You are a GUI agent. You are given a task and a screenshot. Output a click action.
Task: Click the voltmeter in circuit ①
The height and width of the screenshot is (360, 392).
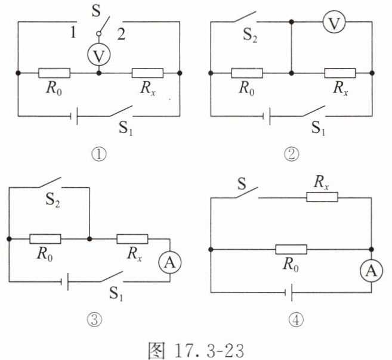coord(98,55)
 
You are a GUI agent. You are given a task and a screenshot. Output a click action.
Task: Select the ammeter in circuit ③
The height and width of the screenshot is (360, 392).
coord(171,260)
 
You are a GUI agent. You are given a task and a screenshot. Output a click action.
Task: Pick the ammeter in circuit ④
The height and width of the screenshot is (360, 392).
coord(371,271)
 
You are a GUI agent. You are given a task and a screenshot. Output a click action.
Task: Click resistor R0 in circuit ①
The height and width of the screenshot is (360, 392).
coord(54,73)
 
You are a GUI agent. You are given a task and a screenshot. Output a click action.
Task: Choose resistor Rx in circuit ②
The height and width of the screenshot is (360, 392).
coord(340,73)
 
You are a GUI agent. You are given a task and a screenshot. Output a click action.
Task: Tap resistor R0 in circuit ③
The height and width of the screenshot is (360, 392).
coord(45,238)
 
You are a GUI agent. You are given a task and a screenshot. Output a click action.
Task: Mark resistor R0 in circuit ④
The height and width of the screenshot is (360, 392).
coord(291,249)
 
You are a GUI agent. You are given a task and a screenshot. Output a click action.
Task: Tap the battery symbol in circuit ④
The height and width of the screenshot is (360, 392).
coord(289,292)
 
